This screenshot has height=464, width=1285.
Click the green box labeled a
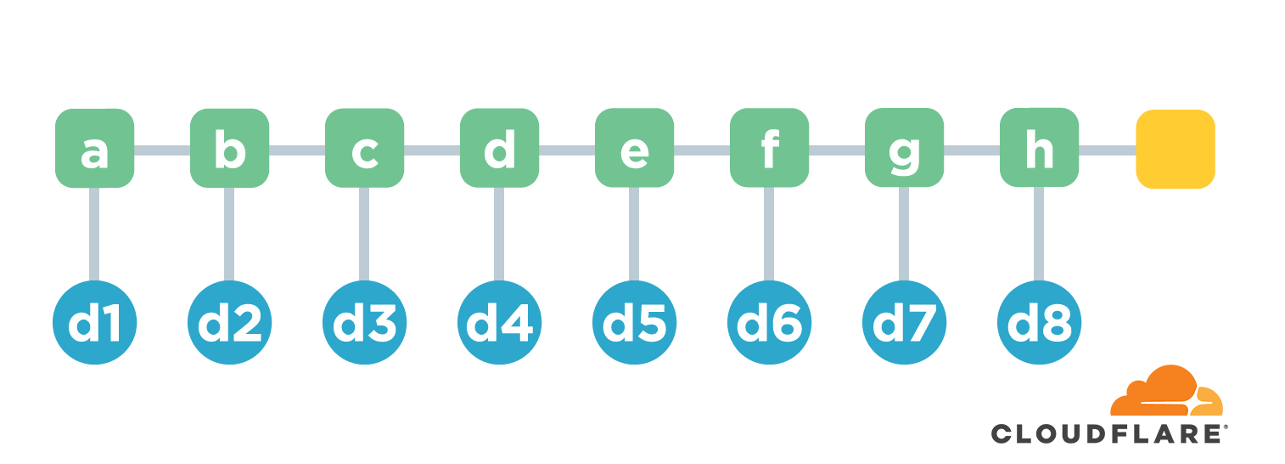(94, 148)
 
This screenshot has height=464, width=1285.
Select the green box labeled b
(229, 148)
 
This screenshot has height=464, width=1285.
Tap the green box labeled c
(364, 148)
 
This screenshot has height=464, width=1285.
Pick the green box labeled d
(499, 148)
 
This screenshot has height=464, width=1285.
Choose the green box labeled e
(634, 148)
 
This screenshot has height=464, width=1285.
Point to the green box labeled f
(769, 148)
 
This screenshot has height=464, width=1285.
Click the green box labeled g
(904, 148)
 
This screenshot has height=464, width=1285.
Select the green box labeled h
(1039, 148)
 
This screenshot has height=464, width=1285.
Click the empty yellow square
(1176, 149)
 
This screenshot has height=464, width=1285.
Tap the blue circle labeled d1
(94, 322)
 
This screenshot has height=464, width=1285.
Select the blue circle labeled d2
(229, 322)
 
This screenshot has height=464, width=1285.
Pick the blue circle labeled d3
(364, 322)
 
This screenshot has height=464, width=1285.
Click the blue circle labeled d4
(499, 322)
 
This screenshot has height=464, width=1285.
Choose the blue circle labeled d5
(634, 322)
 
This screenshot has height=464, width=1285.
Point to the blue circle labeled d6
(769, 322)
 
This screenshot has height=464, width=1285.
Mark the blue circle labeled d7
(904, 322)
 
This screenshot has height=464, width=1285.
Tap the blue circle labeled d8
(1039, 322)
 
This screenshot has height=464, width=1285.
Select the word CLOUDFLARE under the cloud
(1105, 433)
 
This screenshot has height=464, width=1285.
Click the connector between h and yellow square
(1108, 150)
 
